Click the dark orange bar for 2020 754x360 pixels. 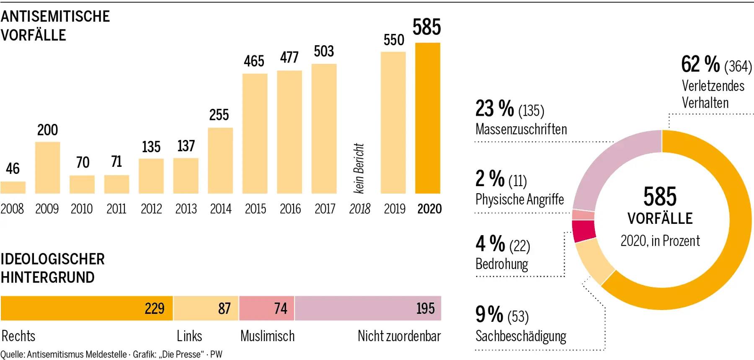[x=427, y=118]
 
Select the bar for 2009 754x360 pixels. [x=47, y=168]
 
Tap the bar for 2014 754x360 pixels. [x=220, y=161]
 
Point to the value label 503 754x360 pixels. [x=324, y=51]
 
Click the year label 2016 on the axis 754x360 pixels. [x=290, y=209]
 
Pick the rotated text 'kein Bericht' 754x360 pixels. [x=359, y=168]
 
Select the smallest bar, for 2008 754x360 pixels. [x=13, y=187]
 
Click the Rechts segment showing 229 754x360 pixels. [x=87, y=308]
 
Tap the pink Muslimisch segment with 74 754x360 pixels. [x=267, y=308]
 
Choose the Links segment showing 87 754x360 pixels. [x=206, y=308]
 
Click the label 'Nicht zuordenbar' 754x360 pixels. [x=399, y=336]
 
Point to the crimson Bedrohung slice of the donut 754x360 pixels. [x=584, y=231]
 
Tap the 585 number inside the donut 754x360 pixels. [x=660, y=197]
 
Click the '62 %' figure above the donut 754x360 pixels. [x=700, y=65]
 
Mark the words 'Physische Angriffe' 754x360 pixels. [x=519, y=199]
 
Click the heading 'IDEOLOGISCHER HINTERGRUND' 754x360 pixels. [x=52, y=268]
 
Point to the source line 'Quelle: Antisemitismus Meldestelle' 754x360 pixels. [x=64, y=355]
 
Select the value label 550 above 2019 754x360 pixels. [x=394, y=40]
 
